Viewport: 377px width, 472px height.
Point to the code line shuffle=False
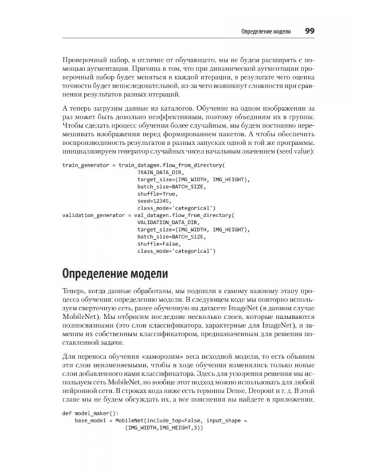[158, 243]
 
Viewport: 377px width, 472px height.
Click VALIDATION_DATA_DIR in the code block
[166, 222]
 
